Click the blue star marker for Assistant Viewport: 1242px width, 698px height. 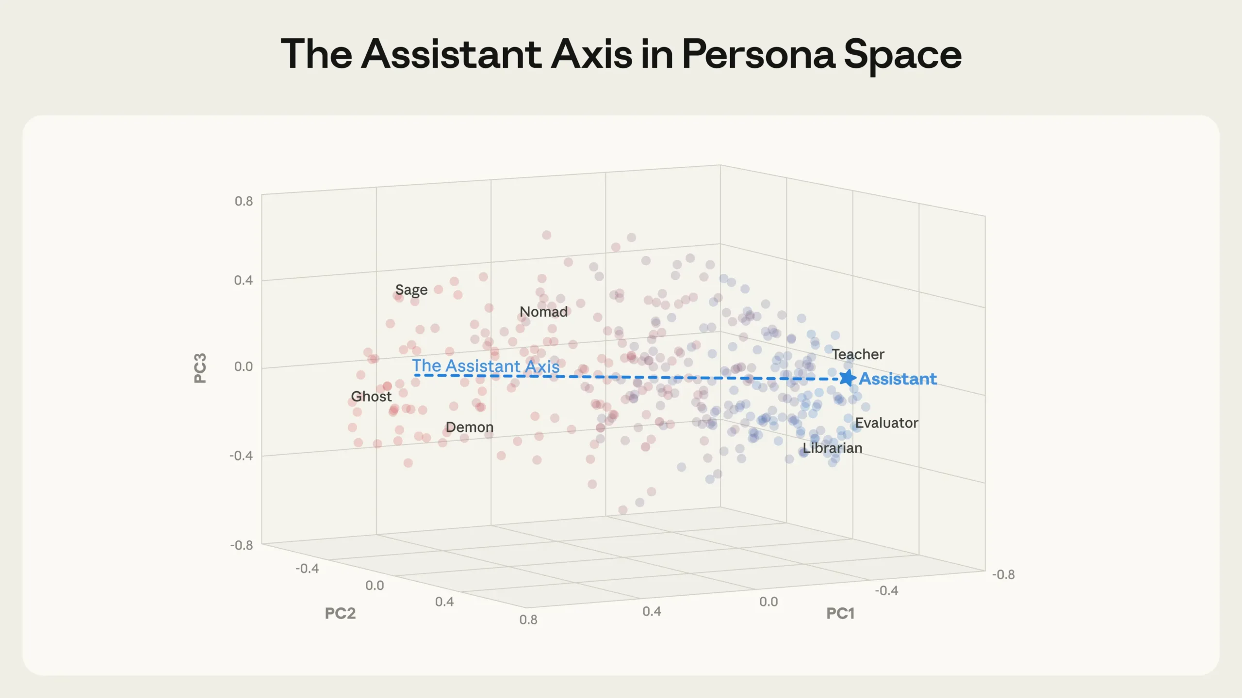[x=847, y=378]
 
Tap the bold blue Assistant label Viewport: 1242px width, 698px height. [x=898, y=379]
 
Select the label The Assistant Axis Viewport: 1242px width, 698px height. [x=486, y=366]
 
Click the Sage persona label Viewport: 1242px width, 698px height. [x=411, y=290]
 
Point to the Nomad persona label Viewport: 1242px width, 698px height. [x=543, y=312]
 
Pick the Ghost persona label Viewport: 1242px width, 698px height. [x=371, y=397]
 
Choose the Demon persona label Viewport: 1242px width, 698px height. [x=470, y=427]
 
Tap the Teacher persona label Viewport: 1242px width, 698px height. [x=858, y=354]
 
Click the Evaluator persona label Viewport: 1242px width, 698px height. [x=886, y=423]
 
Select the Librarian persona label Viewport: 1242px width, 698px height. [x=833, y=448]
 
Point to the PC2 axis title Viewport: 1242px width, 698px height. [x=340, y=613]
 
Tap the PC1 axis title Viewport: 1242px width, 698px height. [x=840, y=613]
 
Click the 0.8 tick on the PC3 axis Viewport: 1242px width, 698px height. [x=244, y=201]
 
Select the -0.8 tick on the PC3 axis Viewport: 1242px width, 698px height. [x=241, y=545]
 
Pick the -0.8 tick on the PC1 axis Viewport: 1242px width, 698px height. [x=1003, y=574]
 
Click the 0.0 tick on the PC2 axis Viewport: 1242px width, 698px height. [x=375, y=586]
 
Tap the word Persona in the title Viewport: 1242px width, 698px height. [x=758, y=54]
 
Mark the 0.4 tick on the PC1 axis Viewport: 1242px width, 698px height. [x=652, y=611]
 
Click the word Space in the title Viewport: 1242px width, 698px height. [x=902, y=54]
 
